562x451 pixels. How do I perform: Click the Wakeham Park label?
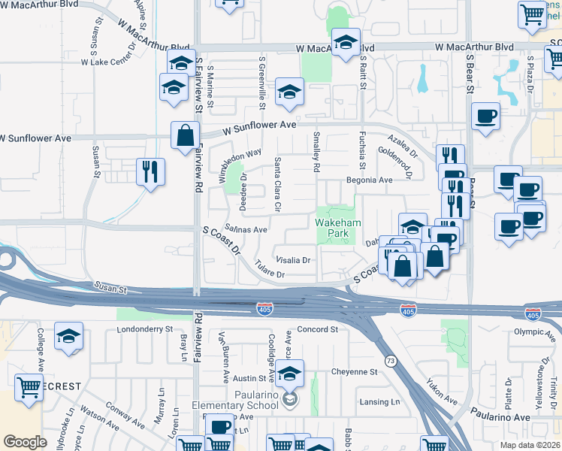pos(338,229)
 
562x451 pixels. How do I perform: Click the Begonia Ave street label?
pos(370,180)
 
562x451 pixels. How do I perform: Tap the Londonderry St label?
pos(145,329)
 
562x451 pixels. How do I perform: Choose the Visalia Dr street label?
pos(294,260)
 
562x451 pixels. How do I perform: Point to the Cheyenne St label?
pos(354,372)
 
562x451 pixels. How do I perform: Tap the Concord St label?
pos(318,329)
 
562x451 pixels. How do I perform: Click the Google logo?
pos(25,442)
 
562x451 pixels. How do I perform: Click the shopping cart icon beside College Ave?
pos(29,388)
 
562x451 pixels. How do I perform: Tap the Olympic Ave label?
pos(533,331)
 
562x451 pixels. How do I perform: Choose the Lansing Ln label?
pos(379,402)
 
